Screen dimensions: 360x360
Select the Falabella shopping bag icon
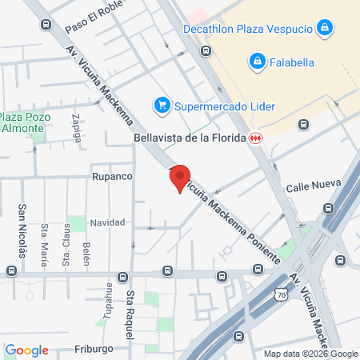[x=257, y=61]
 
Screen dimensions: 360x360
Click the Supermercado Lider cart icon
[x=162, y=105]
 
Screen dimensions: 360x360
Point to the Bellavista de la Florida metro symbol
[x=255, y=138]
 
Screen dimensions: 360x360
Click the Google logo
[x=26, y=350]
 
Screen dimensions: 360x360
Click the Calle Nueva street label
[x=309, y=186]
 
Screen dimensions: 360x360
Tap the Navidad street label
[x=107, y=222]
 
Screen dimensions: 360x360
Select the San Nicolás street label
[x=22, y=230]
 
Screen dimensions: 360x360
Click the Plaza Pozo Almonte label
[x=26, y=122]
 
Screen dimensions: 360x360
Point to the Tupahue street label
[x=106, y=299]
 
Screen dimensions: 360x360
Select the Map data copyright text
[x=311, y=354]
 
